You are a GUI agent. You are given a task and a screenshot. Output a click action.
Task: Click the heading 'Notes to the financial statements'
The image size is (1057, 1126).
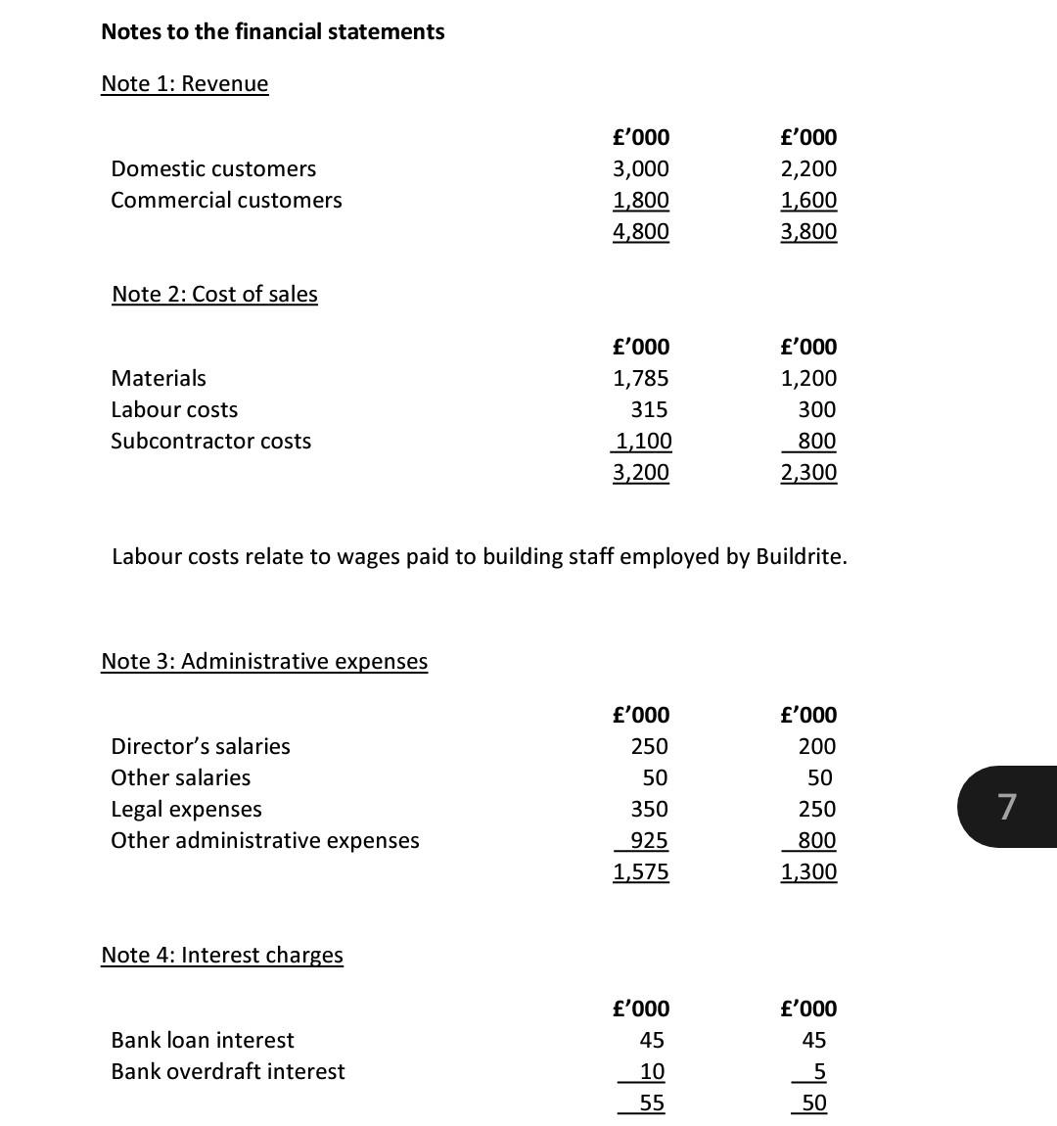click(272, 31)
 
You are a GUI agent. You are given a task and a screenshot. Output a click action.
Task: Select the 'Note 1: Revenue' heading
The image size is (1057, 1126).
click(184, 83)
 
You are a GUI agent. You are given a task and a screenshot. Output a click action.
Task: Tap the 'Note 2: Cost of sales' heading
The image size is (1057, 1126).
click(214, 294)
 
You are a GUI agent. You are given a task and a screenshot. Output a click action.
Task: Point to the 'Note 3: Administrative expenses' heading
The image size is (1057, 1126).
click(264, 661)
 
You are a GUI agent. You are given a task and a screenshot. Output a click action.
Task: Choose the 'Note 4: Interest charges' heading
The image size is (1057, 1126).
click(222, 955)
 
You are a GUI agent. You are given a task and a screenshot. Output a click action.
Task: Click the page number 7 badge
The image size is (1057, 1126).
click(1006, 807)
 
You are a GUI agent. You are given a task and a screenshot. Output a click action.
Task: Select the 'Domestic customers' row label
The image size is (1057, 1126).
click(213, 168)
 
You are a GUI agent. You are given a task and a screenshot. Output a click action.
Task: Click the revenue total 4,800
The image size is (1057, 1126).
click(641, 231)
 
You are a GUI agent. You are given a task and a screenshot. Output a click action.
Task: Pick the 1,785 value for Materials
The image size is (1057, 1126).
click(641, 378)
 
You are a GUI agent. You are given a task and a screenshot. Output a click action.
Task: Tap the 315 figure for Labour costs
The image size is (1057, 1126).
click(649, 409)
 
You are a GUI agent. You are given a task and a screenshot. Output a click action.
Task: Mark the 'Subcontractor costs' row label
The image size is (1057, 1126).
click(210, 441)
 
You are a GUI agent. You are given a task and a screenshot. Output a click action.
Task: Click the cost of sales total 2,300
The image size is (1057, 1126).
click(808, 472)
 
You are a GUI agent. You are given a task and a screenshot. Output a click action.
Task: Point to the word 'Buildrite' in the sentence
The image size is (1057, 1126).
click(800, 556)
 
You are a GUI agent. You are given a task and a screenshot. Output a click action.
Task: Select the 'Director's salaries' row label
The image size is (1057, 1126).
click(201, 746)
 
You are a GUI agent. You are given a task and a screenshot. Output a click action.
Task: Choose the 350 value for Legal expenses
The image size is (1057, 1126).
click(649, 809)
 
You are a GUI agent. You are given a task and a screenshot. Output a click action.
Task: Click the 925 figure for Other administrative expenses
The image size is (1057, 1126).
click(649, 840)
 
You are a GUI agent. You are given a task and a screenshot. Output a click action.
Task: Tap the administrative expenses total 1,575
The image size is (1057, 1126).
click(641, 871)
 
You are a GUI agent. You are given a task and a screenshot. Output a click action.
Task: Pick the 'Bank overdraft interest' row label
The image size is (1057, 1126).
click(227, 1071)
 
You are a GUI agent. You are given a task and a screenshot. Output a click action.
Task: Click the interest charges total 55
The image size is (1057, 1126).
click(652, 1103)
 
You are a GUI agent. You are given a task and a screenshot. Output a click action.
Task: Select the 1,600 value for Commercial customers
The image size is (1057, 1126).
click(808, 200)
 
